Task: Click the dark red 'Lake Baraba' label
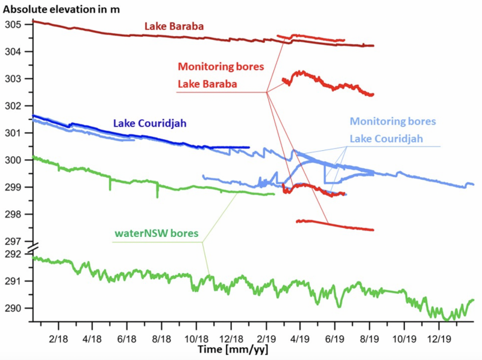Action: pyautogui.click(x=174, y=27)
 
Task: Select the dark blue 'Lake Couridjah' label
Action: pyautogui.click(x=151, y=123)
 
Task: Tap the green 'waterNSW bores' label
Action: pyautogui.click(x=157, y=232)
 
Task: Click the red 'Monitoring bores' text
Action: pyautogui.click(x=221, y=67)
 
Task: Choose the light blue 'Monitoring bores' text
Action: pyautogui.click(x=392, y=122)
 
